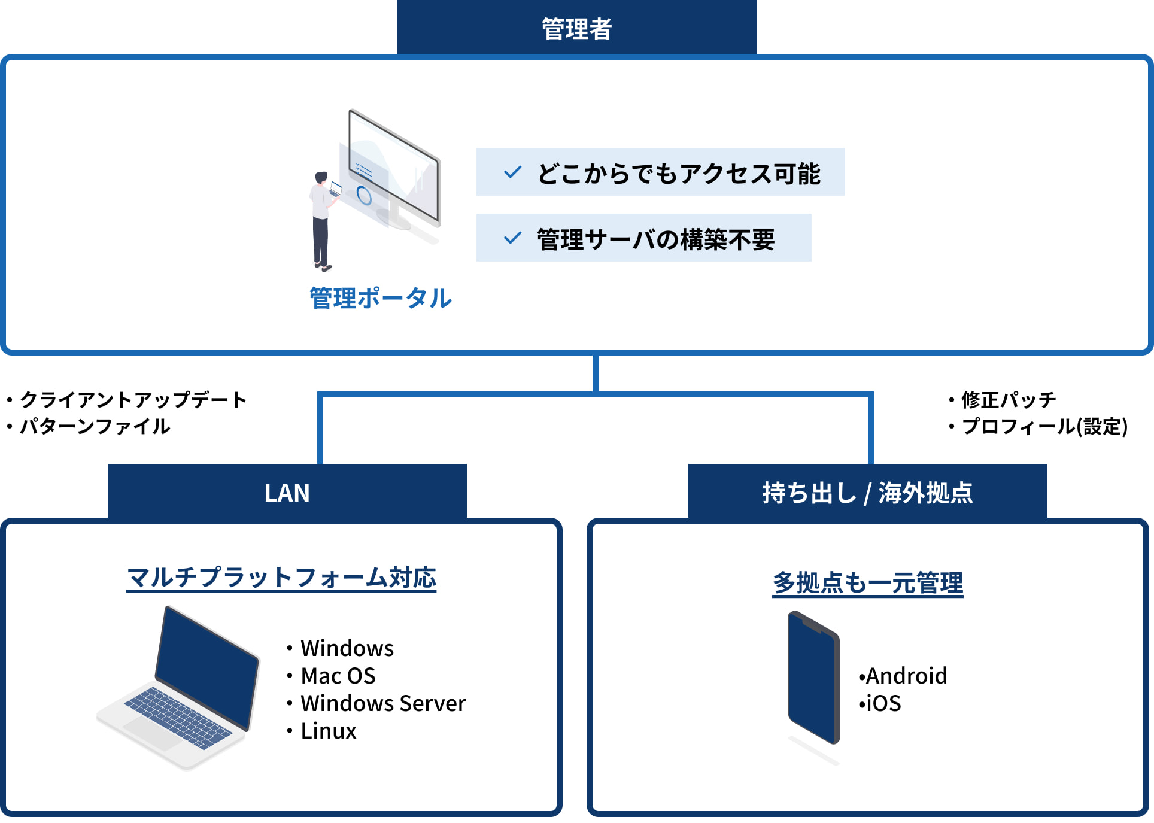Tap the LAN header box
[287, 493]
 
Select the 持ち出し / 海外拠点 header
[867, 493]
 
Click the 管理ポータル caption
[381, 298]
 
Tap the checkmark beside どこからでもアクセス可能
[513, 172]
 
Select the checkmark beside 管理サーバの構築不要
[513, 238]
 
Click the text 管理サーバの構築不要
[655, 239]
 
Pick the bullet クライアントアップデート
[133, 400]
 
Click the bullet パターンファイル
[95, 426]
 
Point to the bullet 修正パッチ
[1009, 399]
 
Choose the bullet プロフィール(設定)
[1044, 426]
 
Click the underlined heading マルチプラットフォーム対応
[281, 578]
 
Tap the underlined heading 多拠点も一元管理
[868, 582]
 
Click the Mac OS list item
[338, 676]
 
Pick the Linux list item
[328, 731]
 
